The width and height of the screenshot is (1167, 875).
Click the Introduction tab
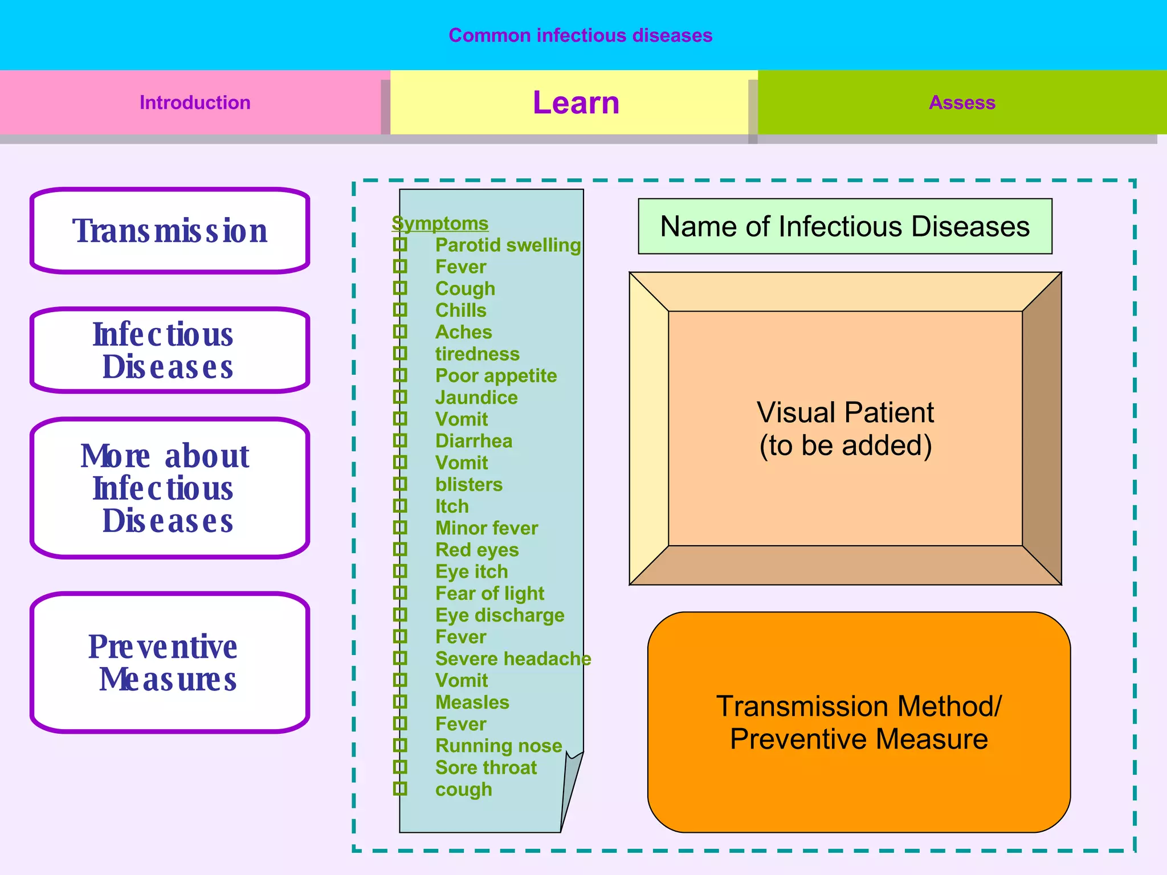point(195,103)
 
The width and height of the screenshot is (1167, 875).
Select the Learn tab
point(576,103)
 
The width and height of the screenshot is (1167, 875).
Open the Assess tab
point(962,103)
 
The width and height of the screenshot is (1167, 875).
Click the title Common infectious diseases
point(580,35)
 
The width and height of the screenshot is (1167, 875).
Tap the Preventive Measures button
point(169,663)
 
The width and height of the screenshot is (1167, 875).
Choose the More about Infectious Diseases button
point(169,488)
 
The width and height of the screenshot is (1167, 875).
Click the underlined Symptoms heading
point(440,223)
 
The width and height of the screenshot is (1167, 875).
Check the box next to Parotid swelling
point(401,245)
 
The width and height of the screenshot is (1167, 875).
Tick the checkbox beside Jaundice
point(401,397)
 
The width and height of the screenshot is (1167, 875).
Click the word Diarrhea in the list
point(474,441)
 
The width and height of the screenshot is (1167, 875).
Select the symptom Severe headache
point(513,659)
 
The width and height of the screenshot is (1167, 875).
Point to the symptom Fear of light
point(489,594)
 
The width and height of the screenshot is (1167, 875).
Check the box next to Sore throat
point(401,767)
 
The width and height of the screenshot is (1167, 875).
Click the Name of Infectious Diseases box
point(844,226)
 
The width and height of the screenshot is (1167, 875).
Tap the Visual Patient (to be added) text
point(844,428)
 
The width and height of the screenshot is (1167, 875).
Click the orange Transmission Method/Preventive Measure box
point(858,722)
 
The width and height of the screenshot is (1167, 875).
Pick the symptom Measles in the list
point(472,702)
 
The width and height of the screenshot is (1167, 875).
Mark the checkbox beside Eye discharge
point(401,615)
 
